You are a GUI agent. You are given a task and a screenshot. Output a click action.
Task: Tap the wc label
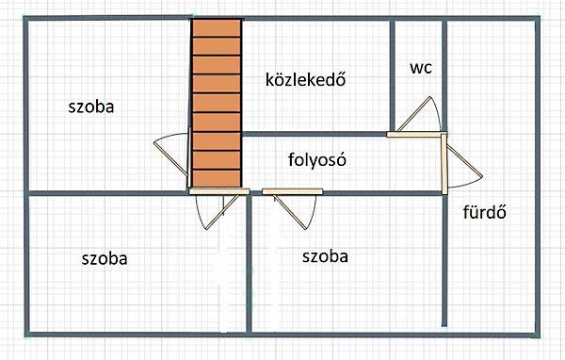pyautogui.click(x=421, y=68)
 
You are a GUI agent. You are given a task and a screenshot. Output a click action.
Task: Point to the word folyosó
pyautogui.click(x=318, y=159)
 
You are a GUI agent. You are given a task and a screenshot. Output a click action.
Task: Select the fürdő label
pyautogui.click(x=486, y=211)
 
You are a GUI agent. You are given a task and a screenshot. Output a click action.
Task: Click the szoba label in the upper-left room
pyautogui.click(x=91, y=106)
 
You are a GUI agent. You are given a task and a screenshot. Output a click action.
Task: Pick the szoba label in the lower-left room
pyautogui.click(x=105, y=257)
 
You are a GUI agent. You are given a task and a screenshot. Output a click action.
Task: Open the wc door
pyautogui.click(x=415, y=116)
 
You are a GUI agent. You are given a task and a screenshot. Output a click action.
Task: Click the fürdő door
pyautogui.click(x=463, y=164)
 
